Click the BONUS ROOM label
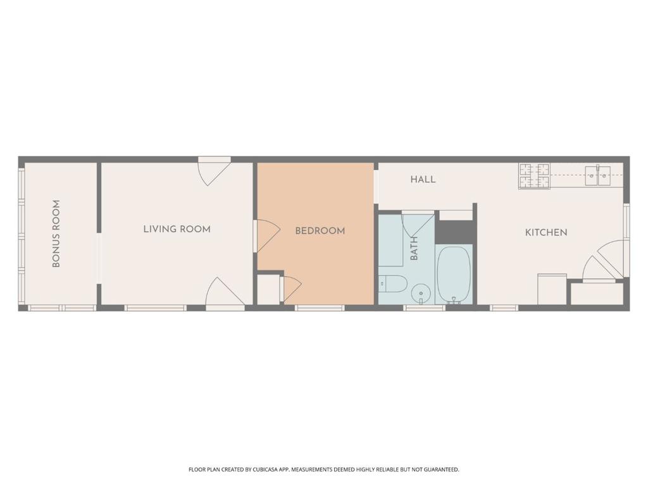56,234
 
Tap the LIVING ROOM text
177,229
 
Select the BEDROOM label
320,231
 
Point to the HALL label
423,180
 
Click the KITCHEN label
546,232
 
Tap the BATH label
414,248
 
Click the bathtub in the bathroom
454,275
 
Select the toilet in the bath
393,284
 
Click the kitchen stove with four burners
535,176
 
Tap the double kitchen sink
597,175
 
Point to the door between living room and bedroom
266,235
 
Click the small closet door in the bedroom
291,289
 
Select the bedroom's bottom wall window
320,308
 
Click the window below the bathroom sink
425,308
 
